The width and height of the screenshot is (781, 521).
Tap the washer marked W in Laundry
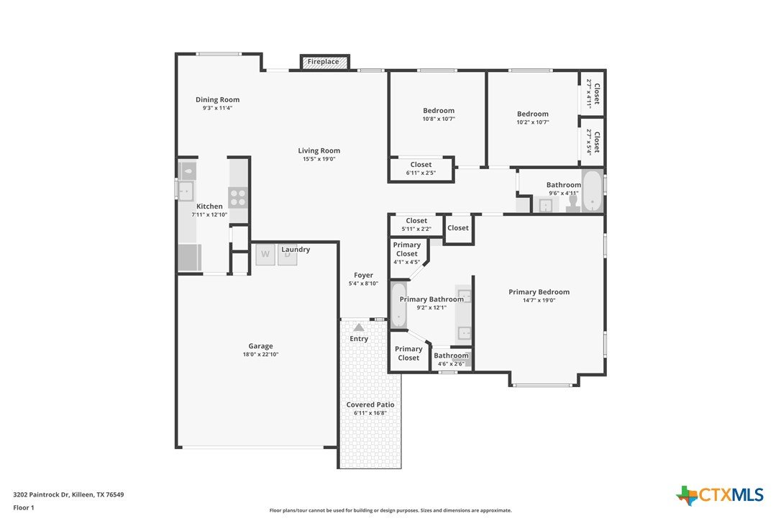click(x=265, y=254)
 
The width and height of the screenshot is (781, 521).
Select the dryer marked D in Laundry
click(x=288, y=254)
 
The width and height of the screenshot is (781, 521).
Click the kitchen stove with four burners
click(x=238, y=197)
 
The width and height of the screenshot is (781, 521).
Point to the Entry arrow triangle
click(x=359, y=327)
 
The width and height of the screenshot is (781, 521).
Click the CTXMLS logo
click(x=720, y=495)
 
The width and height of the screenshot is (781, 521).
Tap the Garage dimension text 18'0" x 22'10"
click(x=260, y=355)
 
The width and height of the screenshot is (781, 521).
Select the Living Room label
click(x=319, y=150)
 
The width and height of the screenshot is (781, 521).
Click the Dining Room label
click(x=217, y=100)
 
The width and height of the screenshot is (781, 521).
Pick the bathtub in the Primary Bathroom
click(x=398, y=305)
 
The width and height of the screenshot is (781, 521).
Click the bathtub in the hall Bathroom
click(x=592, y=191)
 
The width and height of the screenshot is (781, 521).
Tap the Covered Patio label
click(x=370, y=405)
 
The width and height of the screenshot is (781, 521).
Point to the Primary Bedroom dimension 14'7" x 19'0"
click(x=539, y=300)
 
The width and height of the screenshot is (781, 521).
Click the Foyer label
click(x=364, y=275)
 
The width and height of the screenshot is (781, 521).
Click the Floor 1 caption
click(x=24, y=507)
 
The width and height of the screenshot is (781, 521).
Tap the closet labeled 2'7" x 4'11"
click(x=593, y=94)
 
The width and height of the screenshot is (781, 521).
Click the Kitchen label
click(x=209, y=207)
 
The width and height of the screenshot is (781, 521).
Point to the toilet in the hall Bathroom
click(x=572, y=203)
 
